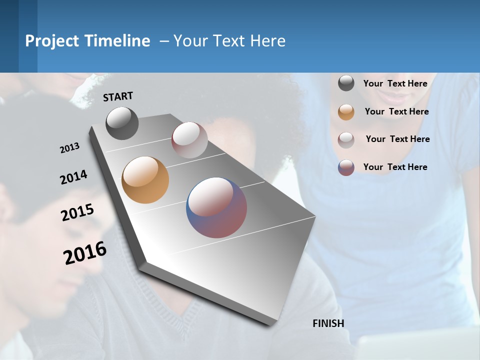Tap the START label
click(118, 96)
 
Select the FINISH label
click(328, 323)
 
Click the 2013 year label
click(70, 148)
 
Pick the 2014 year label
click(74, 177)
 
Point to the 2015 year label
click(77, 212)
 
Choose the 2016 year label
click(85, 252)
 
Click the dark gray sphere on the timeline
click(122, 123)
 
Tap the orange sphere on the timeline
click(145, 180)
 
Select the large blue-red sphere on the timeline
click(216, 207)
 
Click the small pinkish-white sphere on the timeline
click(189, 139)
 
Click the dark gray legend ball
click(346, 83)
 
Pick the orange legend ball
click(346, 112)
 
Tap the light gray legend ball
click(346, 139)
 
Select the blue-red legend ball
click(346, 167)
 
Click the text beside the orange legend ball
click(396, 111)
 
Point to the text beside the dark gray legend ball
click(395, 83)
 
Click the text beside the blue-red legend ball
click(395, 167)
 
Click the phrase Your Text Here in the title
click(229, 41)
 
